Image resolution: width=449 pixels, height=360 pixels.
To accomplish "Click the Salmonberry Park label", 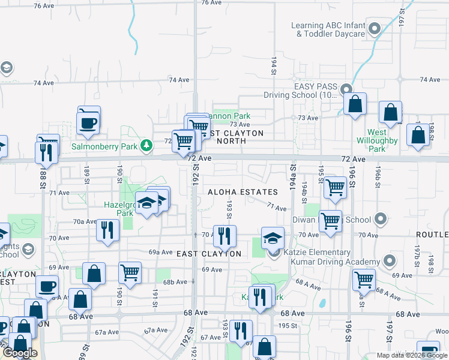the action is point(105,146).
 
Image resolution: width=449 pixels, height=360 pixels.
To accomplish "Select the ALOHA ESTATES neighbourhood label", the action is point(243,192).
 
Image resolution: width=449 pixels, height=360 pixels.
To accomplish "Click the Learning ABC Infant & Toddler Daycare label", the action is point(328,29).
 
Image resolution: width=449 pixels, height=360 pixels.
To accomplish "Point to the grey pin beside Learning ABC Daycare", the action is point(375,28).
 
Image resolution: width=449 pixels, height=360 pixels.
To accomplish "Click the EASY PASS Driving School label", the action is point(301,91).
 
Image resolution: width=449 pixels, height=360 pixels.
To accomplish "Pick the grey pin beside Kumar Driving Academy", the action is point(390,261).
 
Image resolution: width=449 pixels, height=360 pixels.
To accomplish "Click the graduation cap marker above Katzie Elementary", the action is point(273,238).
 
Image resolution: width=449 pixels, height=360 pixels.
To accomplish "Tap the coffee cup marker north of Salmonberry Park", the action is point(89,122).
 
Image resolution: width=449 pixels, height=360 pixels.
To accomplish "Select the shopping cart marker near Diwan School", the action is point(330,221).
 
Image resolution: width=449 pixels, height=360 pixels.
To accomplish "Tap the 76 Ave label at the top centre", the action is point(212,3).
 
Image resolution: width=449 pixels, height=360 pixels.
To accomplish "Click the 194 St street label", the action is point(273,62).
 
